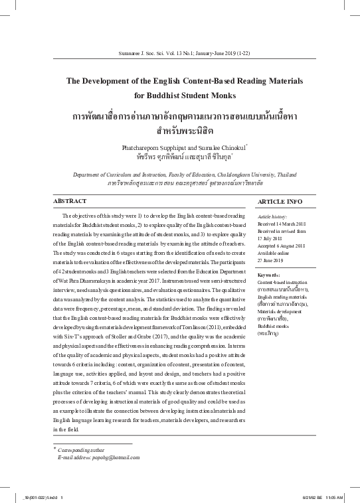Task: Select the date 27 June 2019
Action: coord(274,242)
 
